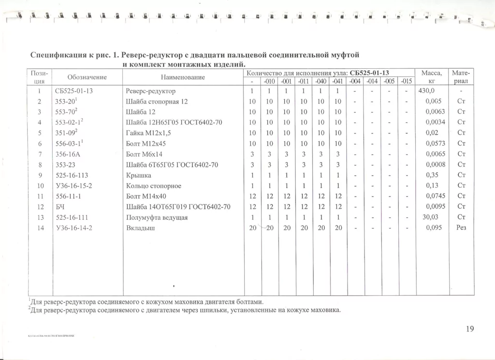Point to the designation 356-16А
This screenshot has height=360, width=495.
tap(68, 154)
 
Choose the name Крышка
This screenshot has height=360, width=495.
tap(138, 175)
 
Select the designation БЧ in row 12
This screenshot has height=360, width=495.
tap(61, 207)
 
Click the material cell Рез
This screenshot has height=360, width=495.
tap(461, 228)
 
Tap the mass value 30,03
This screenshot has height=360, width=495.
tap(430, 217)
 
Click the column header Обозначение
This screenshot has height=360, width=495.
tap(87, 77)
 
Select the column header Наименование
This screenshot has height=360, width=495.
tap(183, 77)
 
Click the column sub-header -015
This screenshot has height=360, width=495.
tap(407, 81)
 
